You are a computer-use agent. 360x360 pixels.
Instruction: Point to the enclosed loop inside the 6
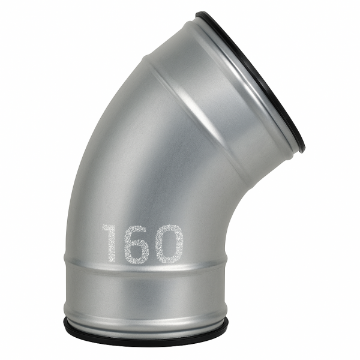137,251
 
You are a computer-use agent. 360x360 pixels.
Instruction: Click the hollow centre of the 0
170,244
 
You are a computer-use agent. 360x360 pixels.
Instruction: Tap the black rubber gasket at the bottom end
146,336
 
